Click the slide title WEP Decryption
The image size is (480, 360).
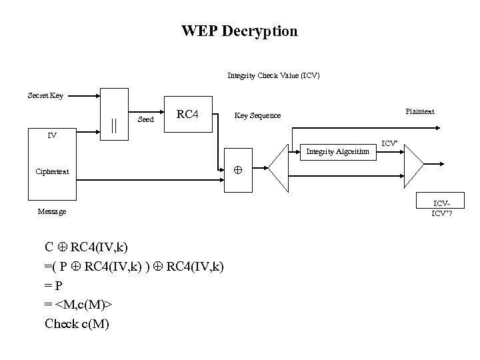239,31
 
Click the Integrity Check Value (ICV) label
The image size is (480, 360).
273,75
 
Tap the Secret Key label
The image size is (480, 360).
45,96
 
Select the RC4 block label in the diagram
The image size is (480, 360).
187,115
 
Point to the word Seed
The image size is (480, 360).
145,120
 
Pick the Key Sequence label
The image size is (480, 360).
257,116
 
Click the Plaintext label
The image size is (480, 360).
420,111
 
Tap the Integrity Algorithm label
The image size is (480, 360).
337,152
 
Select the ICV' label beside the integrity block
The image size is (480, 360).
389,143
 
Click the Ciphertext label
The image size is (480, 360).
53,171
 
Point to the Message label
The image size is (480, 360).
52,211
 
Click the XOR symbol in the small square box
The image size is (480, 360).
237,171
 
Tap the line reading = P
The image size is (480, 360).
54,286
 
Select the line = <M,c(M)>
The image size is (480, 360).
79,305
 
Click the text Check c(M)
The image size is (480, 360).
77,325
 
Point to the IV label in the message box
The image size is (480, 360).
51,136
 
